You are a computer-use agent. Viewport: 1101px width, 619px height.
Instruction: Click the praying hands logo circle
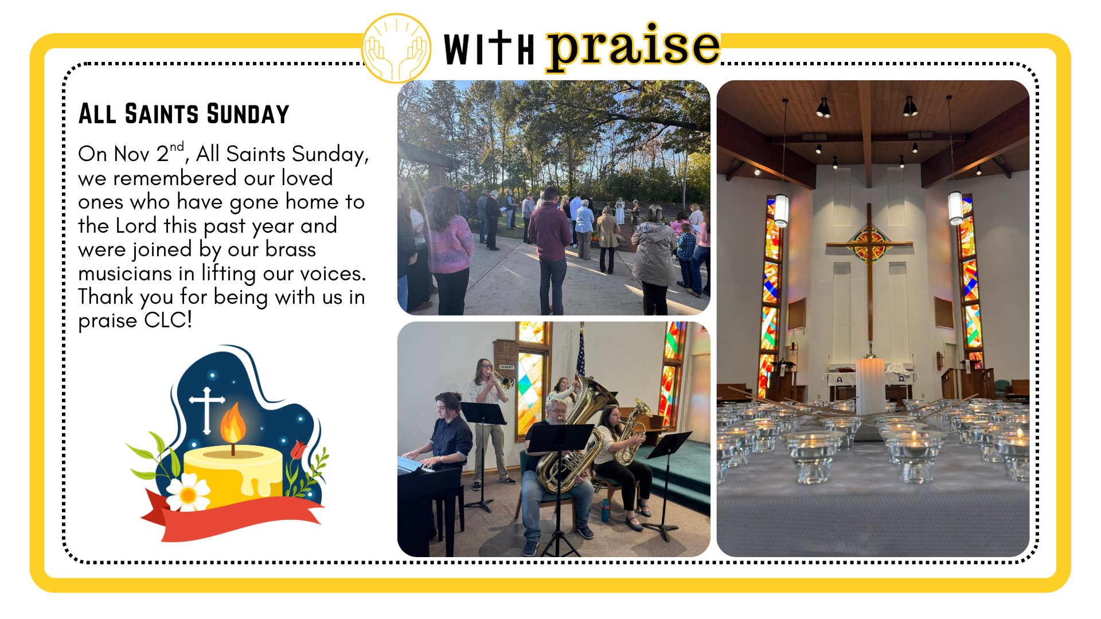click(396, 49)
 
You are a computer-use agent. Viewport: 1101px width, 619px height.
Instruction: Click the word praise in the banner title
click(633, 47)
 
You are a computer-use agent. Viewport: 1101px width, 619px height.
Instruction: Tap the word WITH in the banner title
click(489, 49)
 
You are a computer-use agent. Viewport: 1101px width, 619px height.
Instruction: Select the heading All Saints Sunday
click(183, 114)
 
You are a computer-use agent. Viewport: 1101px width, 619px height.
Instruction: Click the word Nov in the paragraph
click(132, 154)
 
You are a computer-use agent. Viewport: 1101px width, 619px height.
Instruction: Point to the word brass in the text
click(291, 249)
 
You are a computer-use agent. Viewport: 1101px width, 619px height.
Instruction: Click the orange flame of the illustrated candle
click(233, 423)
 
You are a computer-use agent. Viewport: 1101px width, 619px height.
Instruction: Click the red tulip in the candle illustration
click(298, 450)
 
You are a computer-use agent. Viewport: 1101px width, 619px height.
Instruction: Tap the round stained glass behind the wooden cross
click(869, 243)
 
